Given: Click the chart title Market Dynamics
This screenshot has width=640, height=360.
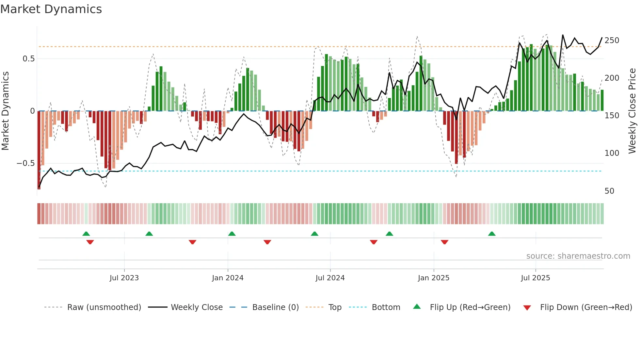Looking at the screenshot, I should pos(51,9).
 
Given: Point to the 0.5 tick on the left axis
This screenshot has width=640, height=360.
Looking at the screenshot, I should pos(28,59).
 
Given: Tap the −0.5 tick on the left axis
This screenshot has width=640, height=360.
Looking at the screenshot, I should pos(25,163).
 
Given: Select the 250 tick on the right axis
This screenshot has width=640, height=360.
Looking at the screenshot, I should pos(612,41).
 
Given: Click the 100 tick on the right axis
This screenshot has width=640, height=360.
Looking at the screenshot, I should pos(612,153).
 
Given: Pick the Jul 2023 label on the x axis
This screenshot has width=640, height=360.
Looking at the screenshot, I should pos(124,278).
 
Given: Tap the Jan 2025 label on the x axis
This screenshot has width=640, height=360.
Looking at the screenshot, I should pos(433,278).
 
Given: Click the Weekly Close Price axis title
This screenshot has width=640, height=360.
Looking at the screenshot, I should pos(632,111).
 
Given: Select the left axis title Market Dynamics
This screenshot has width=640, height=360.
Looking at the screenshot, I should pos(5,111).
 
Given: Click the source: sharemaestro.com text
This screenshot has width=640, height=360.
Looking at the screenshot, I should pos(578,256).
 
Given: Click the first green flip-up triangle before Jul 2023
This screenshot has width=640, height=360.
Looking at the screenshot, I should pos(86,234).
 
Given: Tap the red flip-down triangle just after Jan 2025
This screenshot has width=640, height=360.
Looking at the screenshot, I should pos(444,242).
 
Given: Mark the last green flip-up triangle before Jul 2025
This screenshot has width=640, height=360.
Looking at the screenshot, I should pos(492,234).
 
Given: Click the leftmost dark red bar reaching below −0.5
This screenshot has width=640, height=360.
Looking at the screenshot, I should pos(39,150).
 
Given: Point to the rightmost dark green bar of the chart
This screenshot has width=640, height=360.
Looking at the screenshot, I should pos(602,101).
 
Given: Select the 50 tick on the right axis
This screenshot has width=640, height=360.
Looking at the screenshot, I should pos(609,191).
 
